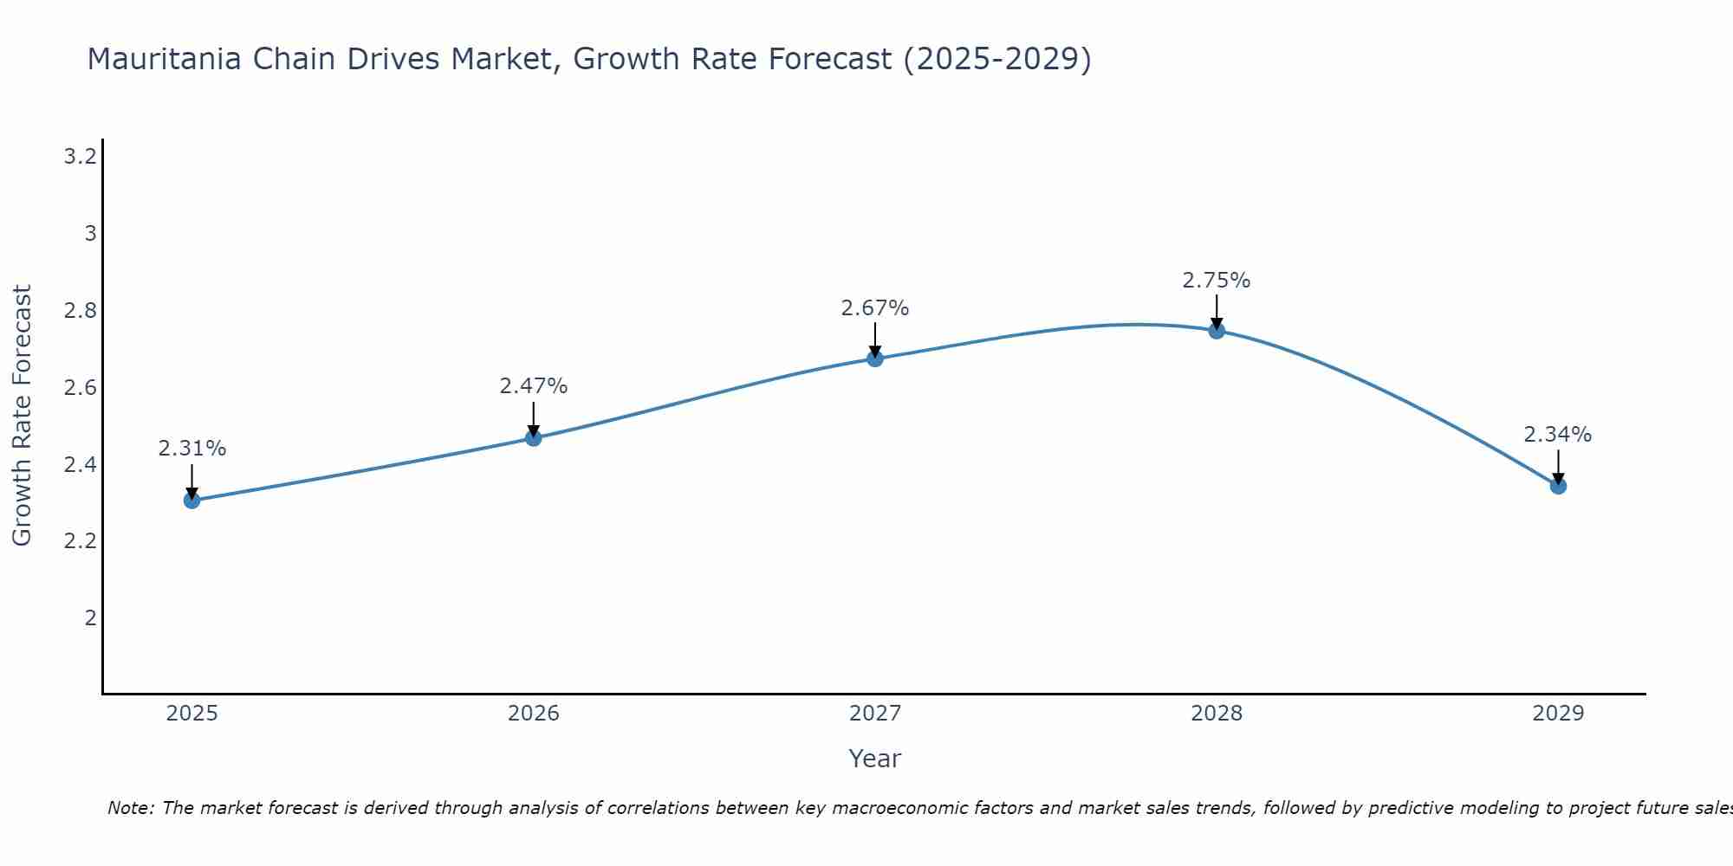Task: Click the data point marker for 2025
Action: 191,500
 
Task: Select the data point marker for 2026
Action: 533,438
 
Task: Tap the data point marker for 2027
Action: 874,359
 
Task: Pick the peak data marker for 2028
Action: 1216,330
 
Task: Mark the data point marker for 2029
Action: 1557,486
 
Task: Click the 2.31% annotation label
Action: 191,449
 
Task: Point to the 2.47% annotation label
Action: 533,386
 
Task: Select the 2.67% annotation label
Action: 874,308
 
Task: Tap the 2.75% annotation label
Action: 1216,281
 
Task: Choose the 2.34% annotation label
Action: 1557,435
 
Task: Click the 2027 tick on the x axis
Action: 874,714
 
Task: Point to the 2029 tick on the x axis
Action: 1557,714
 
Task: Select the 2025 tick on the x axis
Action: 191,714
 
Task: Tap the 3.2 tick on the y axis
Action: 80,157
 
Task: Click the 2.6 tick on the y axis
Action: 80,387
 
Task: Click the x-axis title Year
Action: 874,759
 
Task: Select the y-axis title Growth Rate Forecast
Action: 22,416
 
